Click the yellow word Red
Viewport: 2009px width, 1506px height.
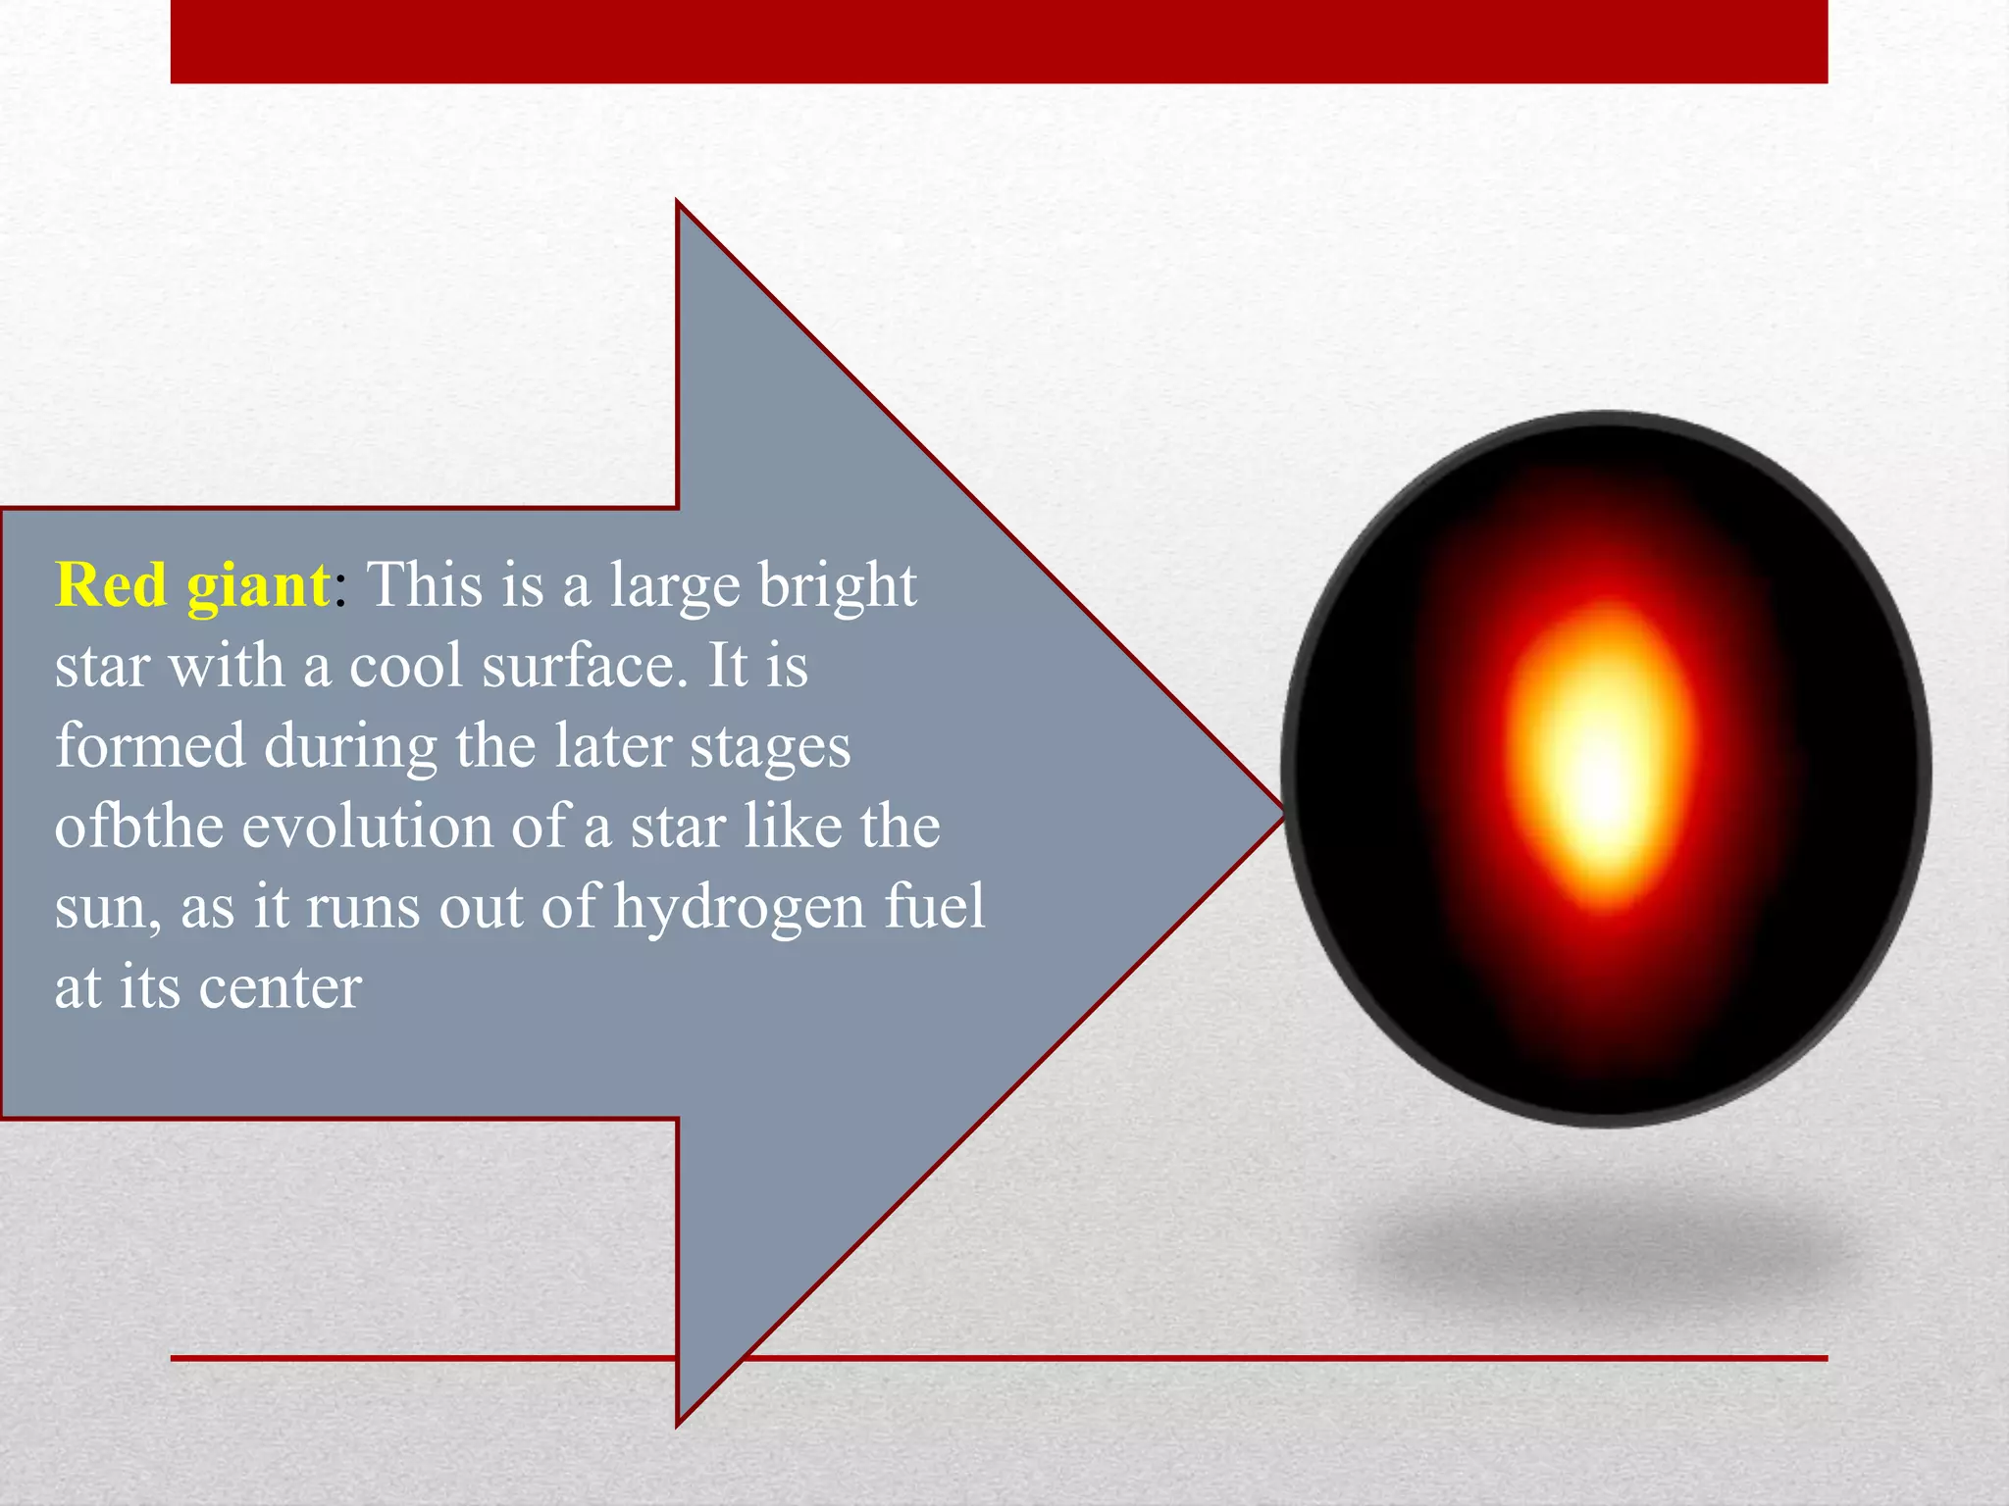[111, 585]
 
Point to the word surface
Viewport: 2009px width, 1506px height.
[579, 667]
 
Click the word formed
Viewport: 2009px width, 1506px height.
[150, 746]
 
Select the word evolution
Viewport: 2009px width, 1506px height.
[368, 827]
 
